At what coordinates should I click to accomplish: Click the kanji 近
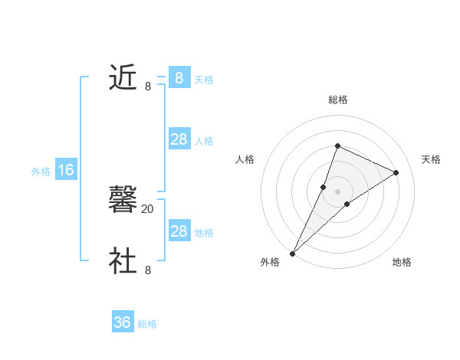point(123,77)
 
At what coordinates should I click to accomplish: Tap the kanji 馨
point(123,200)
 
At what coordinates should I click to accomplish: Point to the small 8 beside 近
point(148,87)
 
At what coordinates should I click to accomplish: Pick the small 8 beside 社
point(148,270)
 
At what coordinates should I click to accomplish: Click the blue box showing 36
point(123,322)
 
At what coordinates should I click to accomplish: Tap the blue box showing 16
point(66,170)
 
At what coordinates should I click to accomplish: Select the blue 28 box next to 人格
point(179,139)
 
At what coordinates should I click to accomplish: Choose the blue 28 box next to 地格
point(179,231)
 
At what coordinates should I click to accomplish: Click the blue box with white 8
point(179,78)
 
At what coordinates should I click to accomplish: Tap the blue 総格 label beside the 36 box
point(147,324)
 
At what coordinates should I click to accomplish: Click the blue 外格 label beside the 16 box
point(41,172)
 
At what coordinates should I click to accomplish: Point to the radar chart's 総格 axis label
point(337,100)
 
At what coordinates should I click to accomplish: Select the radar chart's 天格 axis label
point(431,159)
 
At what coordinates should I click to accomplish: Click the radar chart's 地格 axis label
point(402,262)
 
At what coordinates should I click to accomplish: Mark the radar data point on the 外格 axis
point(292,253)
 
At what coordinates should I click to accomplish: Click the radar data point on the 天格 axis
point(396,172)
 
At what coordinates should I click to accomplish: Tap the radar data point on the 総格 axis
point(337,146)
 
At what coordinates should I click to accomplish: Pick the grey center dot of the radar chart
point(337,191)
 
